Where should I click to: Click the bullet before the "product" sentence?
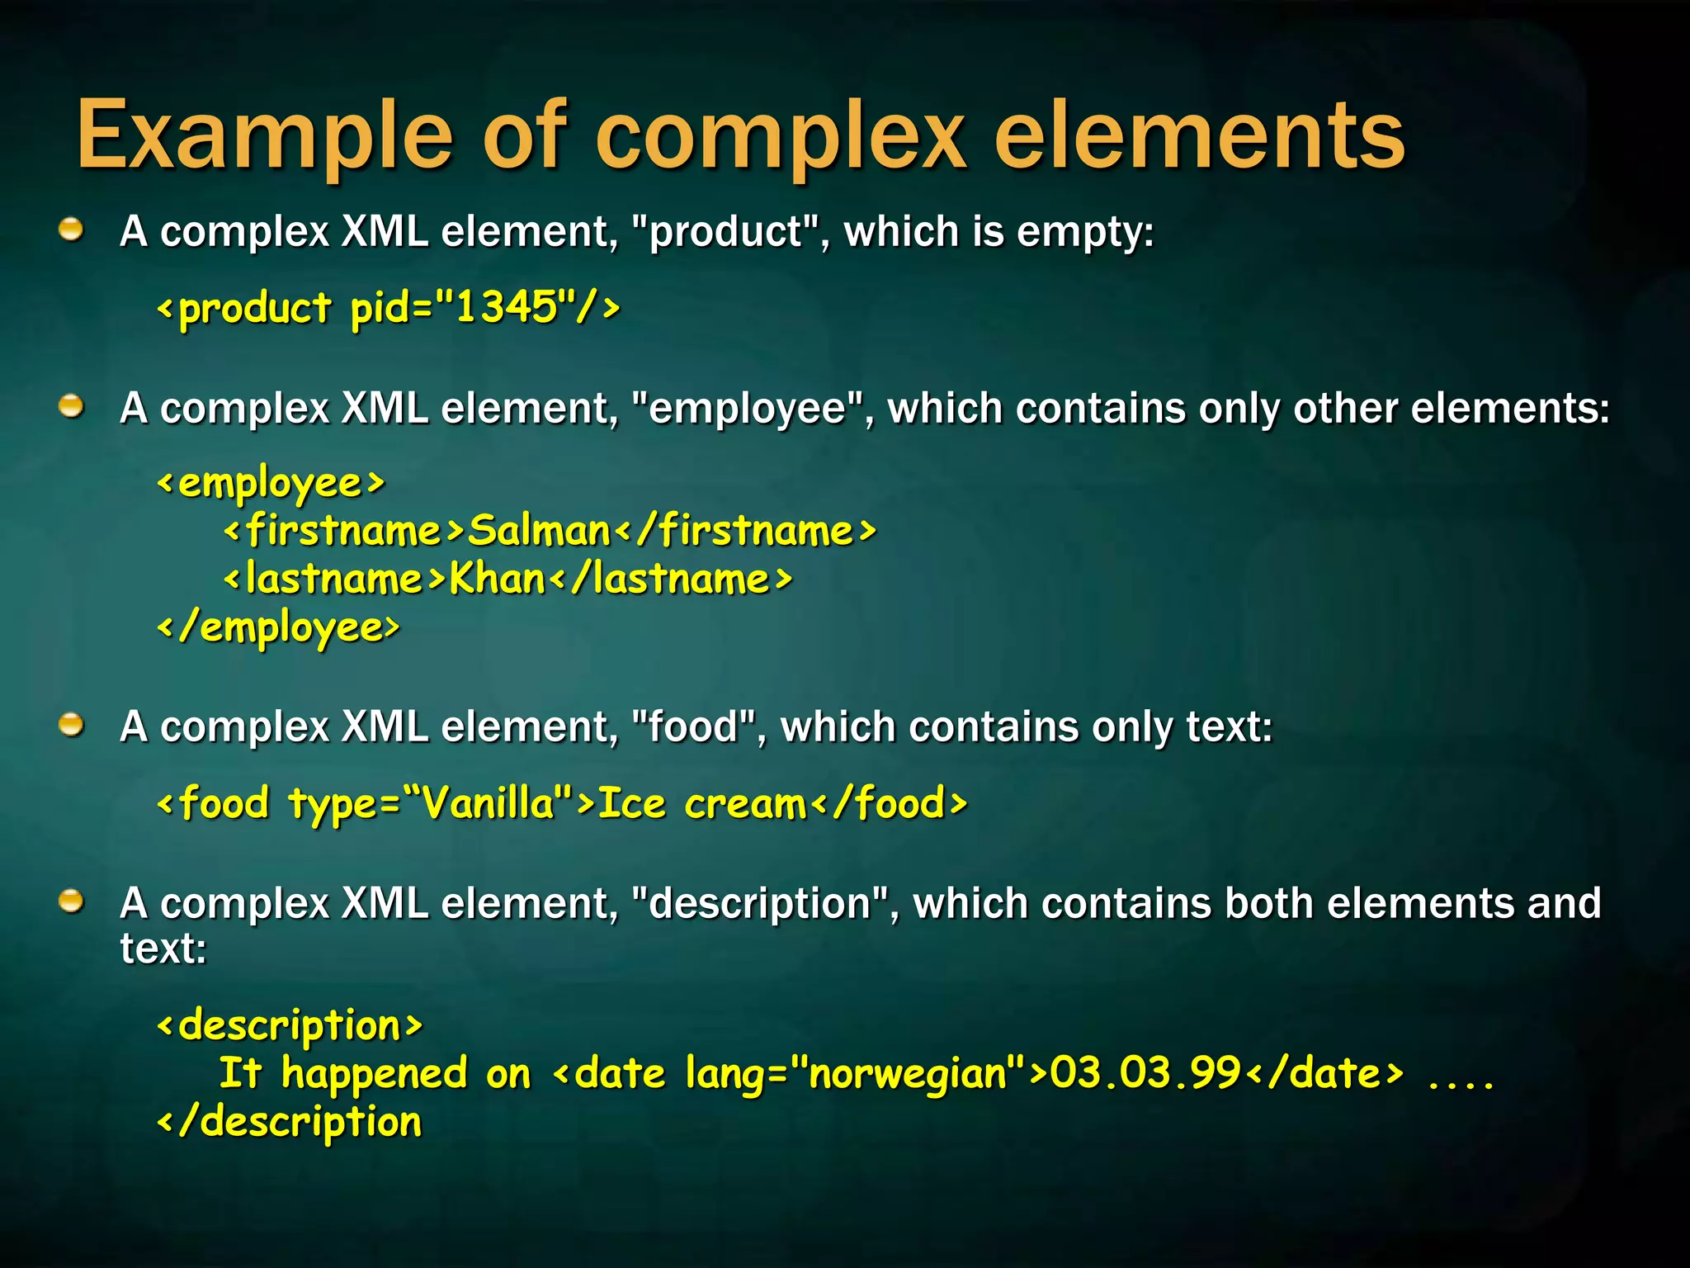coord(72,230)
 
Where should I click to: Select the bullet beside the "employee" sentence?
coord(72,407)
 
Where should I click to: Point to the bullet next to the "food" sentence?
coord(72,726)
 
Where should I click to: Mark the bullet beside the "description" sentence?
coord(72,901)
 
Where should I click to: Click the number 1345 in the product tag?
coord(506,307)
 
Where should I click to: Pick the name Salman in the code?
coord(539,530)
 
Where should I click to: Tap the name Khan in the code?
coord(497,579)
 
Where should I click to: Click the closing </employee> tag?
coord(278,627)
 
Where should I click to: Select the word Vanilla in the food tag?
coord(487,802)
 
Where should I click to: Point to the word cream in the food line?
coord(745,803)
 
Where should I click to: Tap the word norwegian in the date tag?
coord(907,1074)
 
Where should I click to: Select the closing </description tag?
coord(290,1122)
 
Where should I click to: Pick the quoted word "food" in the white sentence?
coord(694,727)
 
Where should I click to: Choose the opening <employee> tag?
coord(271,483)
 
